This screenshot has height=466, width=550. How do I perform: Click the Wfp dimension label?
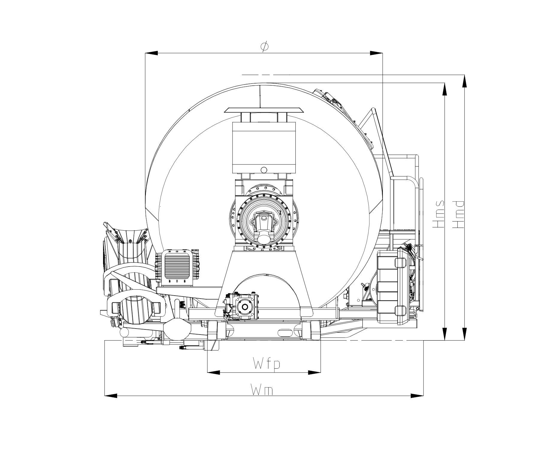pyautogui.click(x=267, y=364)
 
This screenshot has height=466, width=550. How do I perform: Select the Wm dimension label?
pyautogui.click(x=262, y=390)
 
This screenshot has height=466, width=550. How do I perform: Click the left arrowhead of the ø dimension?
pyautogui.click(x=152, y=53)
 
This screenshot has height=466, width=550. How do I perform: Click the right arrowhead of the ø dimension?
pyautogui.click(x=376, y=53)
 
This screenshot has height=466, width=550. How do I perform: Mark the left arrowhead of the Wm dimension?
pyautogui.click(x=111, y=396)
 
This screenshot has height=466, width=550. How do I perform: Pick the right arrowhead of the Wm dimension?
pyautogui.click(x=417, y=396)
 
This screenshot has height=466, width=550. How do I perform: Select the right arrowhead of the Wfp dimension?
pyautogui.click(x=315, y=373)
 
